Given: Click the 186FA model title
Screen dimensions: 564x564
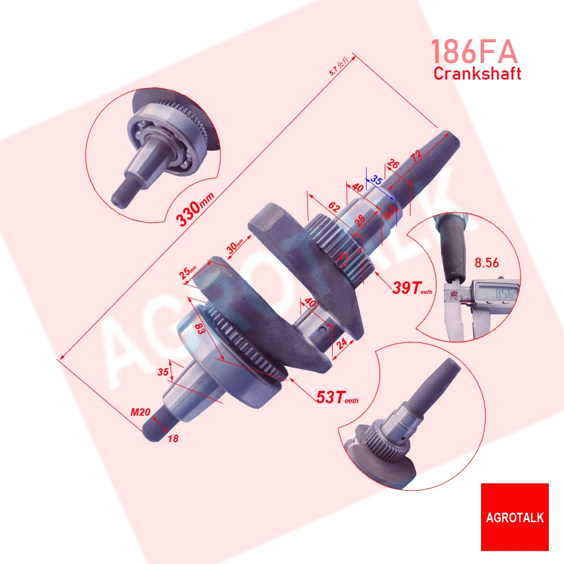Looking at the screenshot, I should coord(474,52).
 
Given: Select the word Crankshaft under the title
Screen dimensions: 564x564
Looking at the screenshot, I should coord(477,73).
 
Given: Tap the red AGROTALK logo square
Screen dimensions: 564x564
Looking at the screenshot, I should coord(514,517).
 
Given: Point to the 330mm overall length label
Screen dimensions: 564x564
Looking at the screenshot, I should coord(189,214).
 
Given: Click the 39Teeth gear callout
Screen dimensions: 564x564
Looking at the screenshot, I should coord(412,288).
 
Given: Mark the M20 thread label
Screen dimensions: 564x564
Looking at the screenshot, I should coord(140,413).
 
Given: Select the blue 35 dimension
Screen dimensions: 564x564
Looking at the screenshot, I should coord(377,180).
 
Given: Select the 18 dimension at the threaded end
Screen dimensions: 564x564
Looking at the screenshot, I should coord(173,438).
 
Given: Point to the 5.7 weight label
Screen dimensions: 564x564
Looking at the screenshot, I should coord(338,66).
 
